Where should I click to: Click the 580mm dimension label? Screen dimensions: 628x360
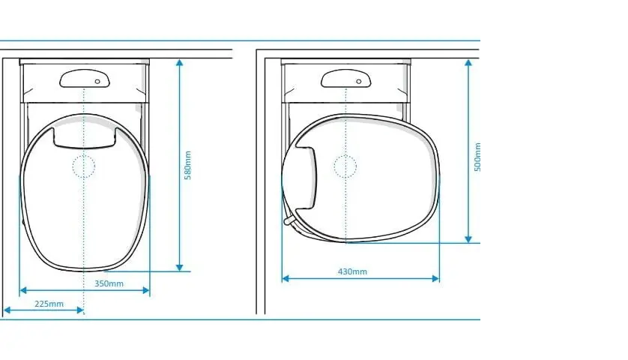tap(188, 165)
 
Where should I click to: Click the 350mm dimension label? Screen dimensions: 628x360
tap(109, 283)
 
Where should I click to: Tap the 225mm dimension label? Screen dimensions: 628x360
tap(49, 304)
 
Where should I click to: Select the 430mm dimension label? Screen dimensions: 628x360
tap(352, 271)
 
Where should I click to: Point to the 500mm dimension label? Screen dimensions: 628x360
tap(477, 157)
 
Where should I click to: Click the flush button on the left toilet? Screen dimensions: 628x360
tap(85, 78)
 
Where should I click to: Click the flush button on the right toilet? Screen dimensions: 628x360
tap(346, 78)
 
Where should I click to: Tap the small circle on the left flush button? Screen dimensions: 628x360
tap(97, 82)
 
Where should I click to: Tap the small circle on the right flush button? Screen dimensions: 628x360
tap(359, 82)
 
